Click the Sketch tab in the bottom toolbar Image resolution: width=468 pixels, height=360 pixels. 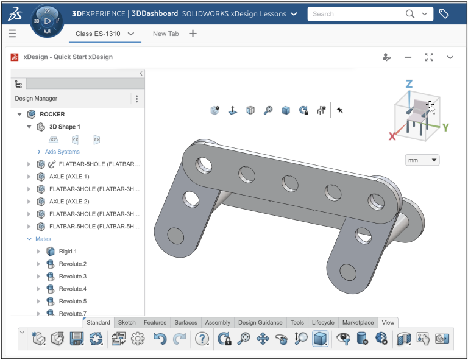127,322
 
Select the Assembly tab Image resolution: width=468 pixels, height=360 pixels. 218,322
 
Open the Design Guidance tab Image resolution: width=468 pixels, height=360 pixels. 260,322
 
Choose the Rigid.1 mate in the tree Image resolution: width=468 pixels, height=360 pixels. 68,251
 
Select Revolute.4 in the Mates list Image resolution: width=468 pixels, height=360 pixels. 73,289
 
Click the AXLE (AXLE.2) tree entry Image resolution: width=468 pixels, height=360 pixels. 69,201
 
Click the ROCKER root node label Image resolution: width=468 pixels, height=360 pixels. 52,114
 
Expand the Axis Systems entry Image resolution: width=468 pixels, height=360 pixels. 39,152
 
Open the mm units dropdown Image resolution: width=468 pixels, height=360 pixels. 422,160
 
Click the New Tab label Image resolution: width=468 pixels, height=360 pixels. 166,34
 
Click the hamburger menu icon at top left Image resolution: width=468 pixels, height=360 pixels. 12,34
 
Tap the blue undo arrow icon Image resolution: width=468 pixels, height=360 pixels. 160,339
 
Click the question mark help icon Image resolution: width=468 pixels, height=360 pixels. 202,339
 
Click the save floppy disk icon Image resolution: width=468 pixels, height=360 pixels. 77,339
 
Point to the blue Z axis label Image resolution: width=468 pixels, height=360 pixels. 409,84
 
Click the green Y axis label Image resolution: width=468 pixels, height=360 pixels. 445,127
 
